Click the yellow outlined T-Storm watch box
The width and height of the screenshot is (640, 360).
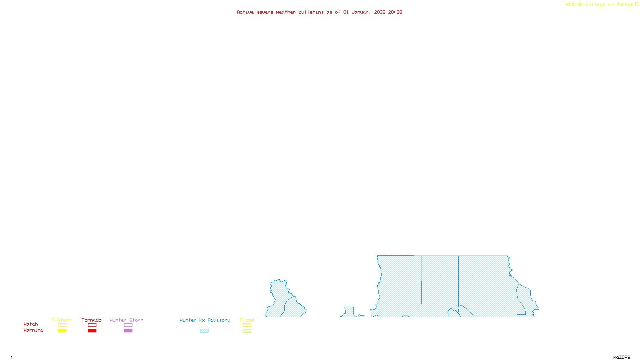62,325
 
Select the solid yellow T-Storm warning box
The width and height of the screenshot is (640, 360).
62,331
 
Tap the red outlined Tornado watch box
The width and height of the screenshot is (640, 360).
92,325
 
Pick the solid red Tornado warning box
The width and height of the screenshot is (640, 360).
92,331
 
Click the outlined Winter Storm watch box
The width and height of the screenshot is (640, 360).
128,325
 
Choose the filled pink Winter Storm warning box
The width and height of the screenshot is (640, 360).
128,331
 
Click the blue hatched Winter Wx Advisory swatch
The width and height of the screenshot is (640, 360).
204,331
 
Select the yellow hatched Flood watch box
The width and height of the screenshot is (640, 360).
247,325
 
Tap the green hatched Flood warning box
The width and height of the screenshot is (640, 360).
247,331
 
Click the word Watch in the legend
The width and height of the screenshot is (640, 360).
31,324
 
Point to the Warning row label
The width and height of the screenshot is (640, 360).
33,330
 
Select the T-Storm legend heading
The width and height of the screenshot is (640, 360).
62,320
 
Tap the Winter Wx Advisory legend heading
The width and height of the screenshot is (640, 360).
205,320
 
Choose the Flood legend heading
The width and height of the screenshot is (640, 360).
247,320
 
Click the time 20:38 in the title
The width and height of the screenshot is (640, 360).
395,12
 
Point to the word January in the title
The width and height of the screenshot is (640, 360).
362,12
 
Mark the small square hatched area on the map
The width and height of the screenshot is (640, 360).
349,311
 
